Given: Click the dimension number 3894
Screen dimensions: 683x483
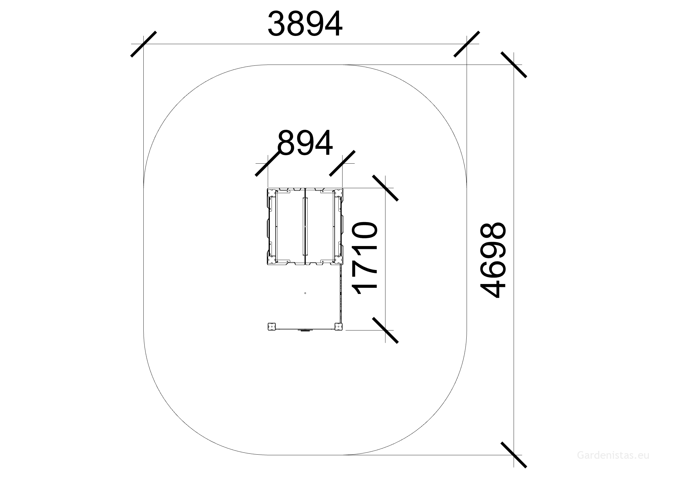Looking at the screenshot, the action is tap(305, 24).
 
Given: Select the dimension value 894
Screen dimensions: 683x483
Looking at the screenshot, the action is tap(305, 143).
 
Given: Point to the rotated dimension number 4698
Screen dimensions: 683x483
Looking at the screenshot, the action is tap(493, 260).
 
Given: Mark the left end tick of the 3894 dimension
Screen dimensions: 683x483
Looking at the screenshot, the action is tap(144, 44).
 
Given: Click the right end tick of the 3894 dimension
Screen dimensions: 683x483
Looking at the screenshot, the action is tap(467, 44).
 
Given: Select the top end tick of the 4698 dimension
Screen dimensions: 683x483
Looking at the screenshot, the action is tap(514, 65).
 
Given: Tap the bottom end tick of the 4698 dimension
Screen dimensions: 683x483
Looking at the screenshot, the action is tap(514, 455).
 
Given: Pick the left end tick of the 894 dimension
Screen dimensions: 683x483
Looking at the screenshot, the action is tap(268, 163).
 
